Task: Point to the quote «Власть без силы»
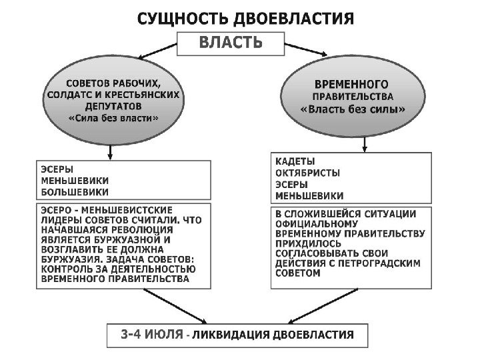point(353,109)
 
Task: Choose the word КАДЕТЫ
point(295,162)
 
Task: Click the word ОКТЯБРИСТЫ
point(307,173)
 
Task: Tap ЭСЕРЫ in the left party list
point(57,169)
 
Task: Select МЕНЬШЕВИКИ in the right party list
point(309,196)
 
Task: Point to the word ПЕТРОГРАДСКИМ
point(382,263)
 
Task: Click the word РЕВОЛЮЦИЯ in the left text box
point(137,228)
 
